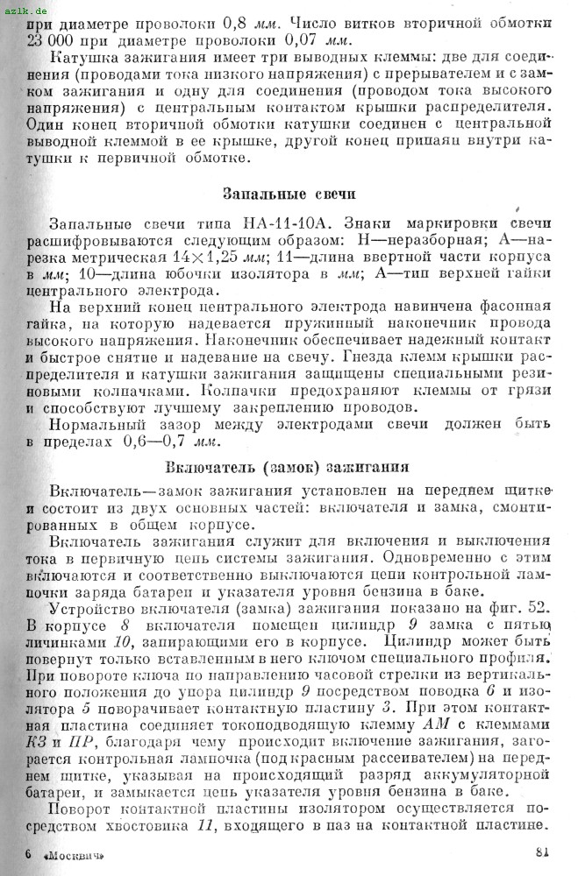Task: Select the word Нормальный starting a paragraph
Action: tap(94, 422)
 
